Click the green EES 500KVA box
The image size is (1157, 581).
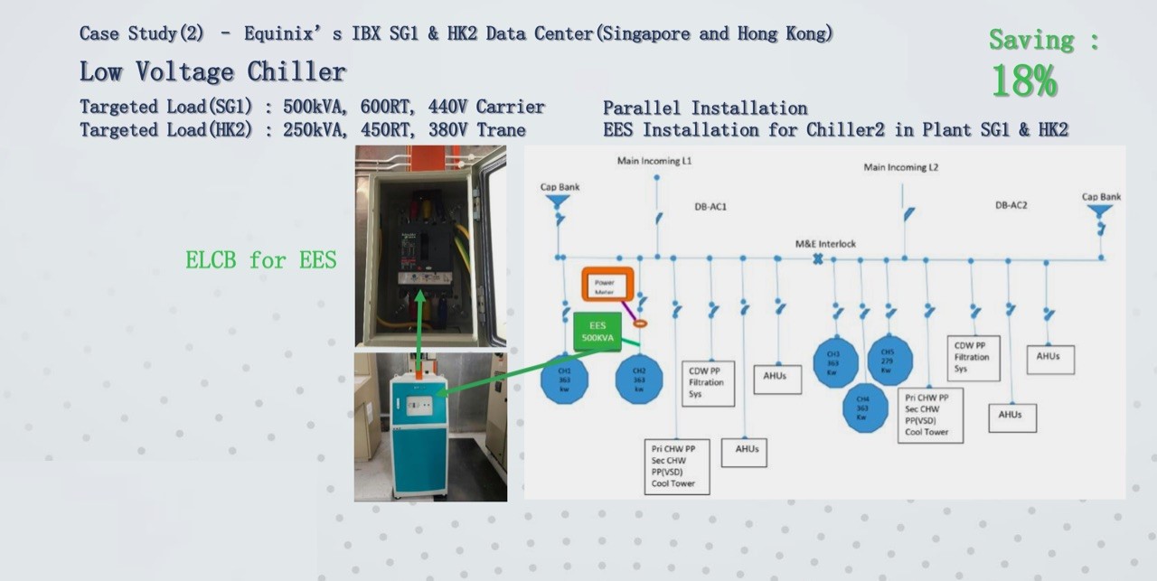(x=597, y=331)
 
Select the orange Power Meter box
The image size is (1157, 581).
(x=606, y=286)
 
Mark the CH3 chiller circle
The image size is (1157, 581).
(x=835, y=361)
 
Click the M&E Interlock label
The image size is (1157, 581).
(x=824, y=244)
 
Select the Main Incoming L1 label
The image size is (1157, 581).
(x=654, y=161)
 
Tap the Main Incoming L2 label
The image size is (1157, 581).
(x=900, y=167)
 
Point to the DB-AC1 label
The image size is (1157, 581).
(x=710, y=207)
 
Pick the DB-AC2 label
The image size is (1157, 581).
(x=1011, y=206)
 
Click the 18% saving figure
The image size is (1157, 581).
(x=1024, y=81)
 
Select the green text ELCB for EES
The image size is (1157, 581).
(x=260, y=260)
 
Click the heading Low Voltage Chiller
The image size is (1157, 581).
(x=212, y=71)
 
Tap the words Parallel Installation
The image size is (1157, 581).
(x=705, y=108)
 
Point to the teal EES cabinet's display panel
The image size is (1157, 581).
(x=419, y=398)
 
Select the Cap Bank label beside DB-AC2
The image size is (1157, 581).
(x=1101, y=197)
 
